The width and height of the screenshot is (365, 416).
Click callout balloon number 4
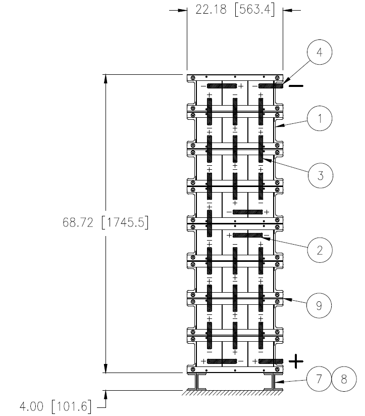(320, 52)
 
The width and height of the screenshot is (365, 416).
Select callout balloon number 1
(320, 118)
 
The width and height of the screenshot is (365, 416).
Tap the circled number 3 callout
(321, 175)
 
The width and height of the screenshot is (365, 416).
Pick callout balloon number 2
(320, 250)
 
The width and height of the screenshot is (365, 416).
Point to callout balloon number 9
(319, 306)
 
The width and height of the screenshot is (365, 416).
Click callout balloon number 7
(319, 379)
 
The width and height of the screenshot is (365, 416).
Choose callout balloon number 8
(344, 379)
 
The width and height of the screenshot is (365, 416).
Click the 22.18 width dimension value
(211, 10)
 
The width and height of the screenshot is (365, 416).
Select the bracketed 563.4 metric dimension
(255, 10)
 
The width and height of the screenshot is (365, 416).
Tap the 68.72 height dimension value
(78, 222)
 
